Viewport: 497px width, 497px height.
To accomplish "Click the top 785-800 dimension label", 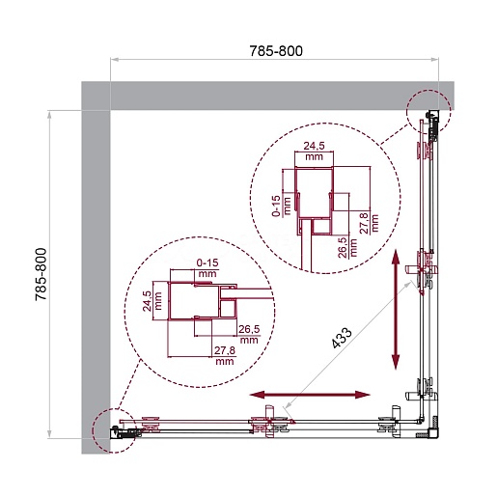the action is tap(276, 51).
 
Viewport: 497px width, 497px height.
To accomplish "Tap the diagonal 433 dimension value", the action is tap(342, 338).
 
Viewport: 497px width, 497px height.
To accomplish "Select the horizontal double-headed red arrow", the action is tap(310, 395).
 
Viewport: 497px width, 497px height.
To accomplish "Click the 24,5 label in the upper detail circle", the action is tap(314, 146).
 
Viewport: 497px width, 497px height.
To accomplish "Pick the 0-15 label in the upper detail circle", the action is tap(277, 207).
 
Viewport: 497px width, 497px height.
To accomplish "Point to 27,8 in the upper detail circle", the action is tap(364, 223).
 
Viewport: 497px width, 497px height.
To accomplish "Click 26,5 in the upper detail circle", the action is tap(343, 248).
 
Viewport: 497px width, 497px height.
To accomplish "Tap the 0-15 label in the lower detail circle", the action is tap(207, 262).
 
